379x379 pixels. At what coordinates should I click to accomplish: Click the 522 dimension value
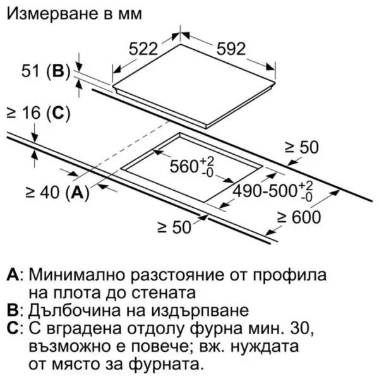coord(143,49)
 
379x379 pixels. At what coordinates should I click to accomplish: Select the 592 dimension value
coord(231,49)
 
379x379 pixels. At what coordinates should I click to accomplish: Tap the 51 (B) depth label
coord(46,71)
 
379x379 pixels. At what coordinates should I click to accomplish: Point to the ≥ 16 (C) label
coord(39,113)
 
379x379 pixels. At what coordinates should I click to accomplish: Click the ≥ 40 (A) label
coord(57,193)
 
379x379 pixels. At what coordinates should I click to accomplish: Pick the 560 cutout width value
coord(192,166)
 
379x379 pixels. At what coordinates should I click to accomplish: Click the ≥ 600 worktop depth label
coord(299,217)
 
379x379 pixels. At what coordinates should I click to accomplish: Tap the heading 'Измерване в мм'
coord(74,13)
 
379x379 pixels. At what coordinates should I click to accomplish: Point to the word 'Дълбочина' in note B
coord(74,310)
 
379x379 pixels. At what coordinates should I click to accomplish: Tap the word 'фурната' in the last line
coord(165,364)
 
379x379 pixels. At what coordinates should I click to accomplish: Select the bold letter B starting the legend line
coord(13,310)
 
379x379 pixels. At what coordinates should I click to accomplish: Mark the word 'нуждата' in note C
coord(265,346)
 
